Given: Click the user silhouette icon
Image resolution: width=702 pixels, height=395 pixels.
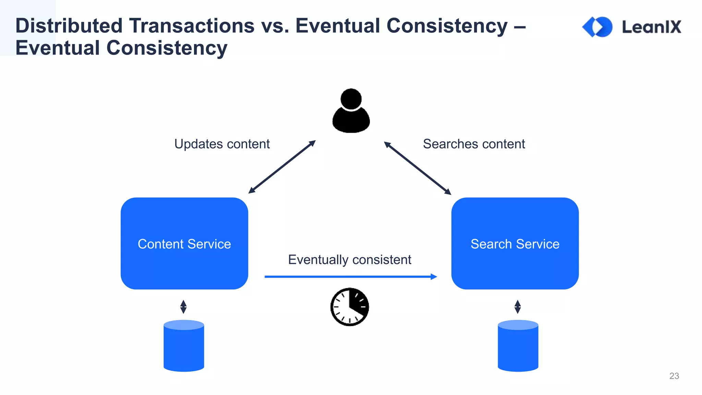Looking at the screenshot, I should pyautogui.click(x=351, y=111).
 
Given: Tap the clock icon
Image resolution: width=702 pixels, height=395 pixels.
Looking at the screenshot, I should pyautogui.click(x=350, y=307).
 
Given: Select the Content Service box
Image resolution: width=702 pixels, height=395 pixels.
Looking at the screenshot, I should pyautogui.click(x=184, y=243).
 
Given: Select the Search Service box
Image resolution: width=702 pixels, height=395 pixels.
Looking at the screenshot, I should pyautogui.click(x=515, y=243).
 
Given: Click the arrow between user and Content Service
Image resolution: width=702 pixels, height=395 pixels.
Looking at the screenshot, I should pyautogui.click(x=282, y=167).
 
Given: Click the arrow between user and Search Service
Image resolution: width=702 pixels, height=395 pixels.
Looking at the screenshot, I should pyautogui.click(x=417, y=168).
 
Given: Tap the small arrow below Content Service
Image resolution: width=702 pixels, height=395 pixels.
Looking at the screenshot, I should pyautogui.click(x=183, y=307).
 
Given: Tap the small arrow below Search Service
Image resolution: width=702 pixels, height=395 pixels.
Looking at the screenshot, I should pyautogui.click(x=518, y=307).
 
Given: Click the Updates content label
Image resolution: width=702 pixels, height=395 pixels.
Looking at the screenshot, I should pyautogui.click(x=222, y=144).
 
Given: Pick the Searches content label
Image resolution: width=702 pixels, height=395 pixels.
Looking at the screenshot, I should pyautogui.click(x=474, y=144).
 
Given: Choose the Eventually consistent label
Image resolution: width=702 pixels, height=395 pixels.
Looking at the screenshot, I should pyautogui.click(x=350, y=260).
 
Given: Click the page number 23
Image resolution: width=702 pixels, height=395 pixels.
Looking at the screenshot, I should pyautogui.click(x=674, y=376).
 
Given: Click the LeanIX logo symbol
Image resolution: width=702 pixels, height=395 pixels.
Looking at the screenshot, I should pyautogui.click(x=597, y=27).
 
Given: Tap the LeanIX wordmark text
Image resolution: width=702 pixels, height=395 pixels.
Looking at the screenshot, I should pyautogui.click(x=652, y=27).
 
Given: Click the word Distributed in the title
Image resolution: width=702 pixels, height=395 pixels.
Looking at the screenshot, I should pyautogui.click(x=69, y=26).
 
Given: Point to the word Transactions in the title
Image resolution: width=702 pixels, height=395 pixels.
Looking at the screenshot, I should pyautogui.click(x=192, y=26).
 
